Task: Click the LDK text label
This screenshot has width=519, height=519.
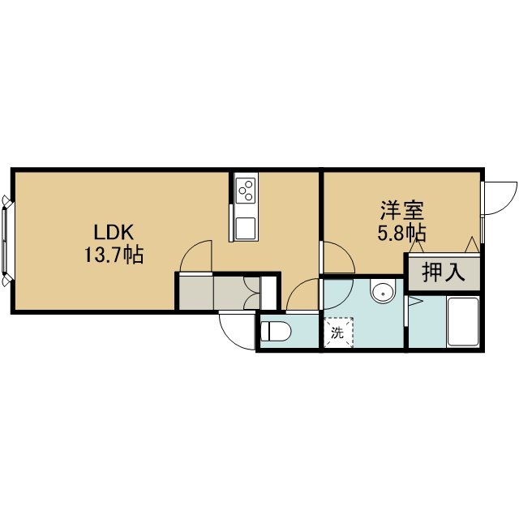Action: [114, 232]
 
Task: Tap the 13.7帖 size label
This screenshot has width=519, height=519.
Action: [114, 255]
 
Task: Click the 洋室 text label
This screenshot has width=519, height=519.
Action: [401, 211]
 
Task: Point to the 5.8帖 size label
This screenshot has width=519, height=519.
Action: [401, 234]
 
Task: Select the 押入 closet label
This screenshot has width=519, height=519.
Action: [444, 273]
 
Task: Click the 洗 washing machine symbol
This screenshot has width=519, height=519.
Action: [338, 332]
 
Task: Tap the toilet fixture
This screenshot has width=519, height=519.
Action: [276, 331]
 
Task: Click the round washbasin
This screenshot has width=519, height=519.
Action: [384, 293]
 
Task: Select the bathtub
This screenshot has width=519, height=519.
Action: [462, 323]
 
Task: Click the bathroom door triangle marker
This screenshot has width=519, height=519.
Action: [415, 301]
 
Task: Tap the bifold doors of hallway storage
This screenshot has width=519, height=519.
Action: [251, 294]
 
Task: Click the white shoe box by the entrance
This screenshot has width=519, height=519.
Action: [268, 293]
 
